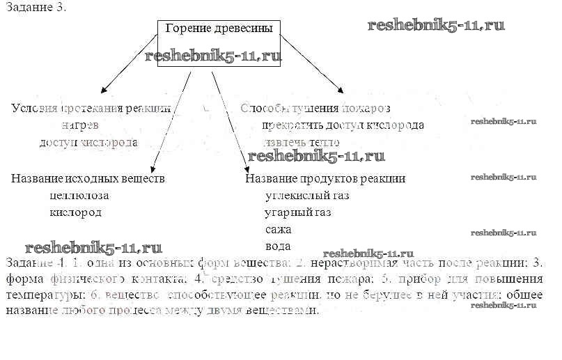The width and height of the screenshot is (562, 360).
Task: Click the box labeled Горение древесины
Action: [x=219, y=42]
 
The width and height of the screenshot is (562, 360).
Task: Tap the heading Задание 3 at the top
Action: [x=38, y=8]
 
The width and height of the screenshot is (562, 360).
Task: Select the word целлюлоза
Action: [x=79, y=196]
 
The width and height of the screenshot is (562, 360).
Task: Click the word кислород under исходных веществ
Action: [x=76, y=212]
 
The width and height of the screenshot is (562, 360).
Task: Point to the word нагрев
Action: [x=79, y=125]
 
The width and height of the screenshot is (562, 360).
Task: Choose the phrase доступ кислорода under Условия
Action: [x=88, y=142]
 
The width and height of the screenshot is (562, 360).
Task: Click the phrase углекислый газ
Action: [x=306, y=196]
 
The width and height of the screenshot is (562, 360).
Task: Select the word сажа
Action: [x=278, y=229]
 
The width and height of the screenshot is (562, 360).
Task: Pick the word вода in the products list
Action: [x=278, y=246]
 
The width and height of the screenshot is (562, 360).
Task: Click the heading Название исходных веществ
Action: [x=88, y=178]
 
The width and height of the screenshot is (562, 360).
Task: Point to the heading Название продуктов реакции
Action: [x=325, y=178]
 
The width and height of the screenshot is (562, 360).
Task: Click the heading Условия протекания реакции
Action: [x=91, y=108]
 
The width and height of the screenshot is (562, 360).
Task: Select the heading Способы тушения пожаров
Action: [x=315, y=108]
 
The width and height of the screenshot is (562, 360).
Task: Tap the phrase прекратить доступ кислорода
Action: [x=343, y=125]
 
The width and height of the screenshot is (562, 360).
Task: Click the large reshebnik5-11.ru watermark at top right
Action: [x=435, y=26]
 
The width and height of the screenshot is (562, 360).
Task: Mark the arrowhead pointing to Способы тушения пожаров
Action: [x=340, y=88]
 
